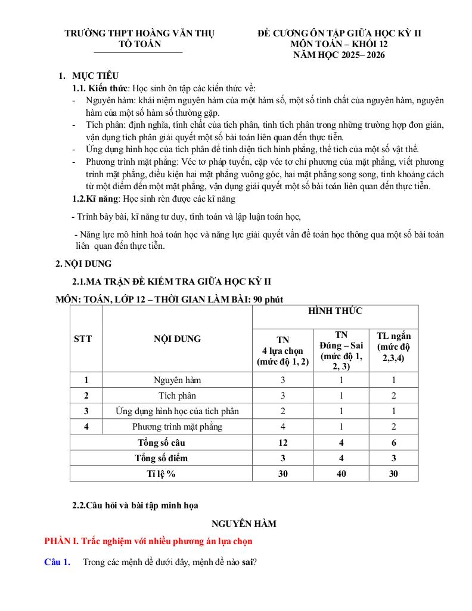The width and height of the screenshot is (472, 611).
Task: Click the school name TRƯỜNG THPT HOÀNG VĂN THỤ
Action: (139, 33)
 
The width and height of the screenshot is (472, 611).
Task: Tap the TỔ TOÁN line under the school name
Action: (140, 44)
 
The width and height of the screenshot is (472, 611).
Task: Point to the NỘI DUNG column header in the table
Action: (178, 339)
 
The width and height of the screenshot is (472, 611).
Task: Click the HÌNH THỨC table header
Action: (335, 311)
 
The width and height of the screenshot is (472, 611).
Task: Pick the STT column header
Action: (83, 339)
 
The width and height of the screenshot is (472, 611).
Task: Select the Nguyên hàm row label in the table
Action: (178, 380)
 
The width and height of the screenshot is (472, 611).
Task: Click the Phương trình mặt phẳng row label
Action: (178, 427)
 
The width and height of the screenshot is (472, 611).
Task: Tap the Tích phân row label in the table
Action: (178, 396)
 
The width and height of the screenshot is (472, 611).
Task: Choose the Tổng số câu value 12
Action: (283, 443)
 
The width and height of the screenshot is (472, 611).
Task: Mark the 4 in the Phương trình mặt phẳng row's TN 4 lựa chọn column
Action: (283, 427)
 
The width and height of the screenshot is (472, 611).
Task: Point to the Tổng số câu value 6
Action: (393, 443)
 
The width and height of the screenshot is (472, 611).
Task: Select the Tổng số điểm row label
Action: (161, 458)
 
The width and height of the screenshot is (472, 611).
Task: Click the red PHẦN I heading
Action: (148, 542)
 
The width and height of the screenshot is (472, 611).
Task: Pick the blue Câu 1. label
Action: (58, 561)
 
